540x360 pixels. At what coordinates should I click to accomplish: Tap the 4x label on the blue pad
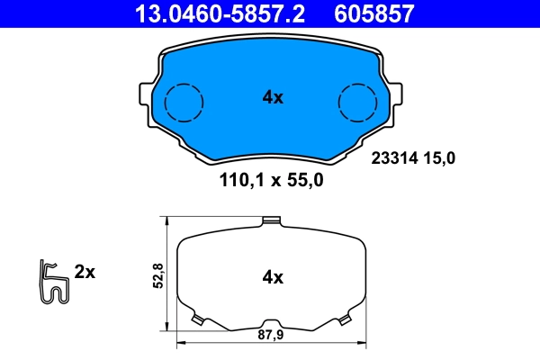[273, 98]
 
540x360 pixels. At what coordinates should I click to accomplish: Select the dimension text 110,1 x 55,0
[271, 179]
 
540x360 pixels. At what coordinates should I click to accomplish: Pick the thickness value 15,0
[442, 158]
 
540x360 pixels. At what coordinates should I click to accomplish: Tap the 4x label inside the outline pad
[273, 278]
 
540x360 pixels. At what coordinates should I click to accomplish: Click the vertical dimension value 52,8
[157, 275]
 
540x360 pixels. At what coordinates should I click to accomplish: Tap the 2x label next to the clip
[85, 271]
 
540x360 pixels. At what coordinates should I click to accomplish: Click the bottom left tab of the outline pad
[199, 319]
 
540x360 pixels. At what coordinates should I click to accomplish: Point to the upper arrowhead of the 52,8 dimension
[167, 221]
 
